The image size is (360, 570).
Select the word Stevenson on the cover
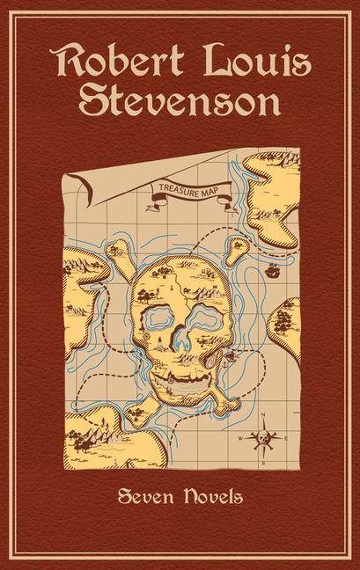point(180,104)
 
